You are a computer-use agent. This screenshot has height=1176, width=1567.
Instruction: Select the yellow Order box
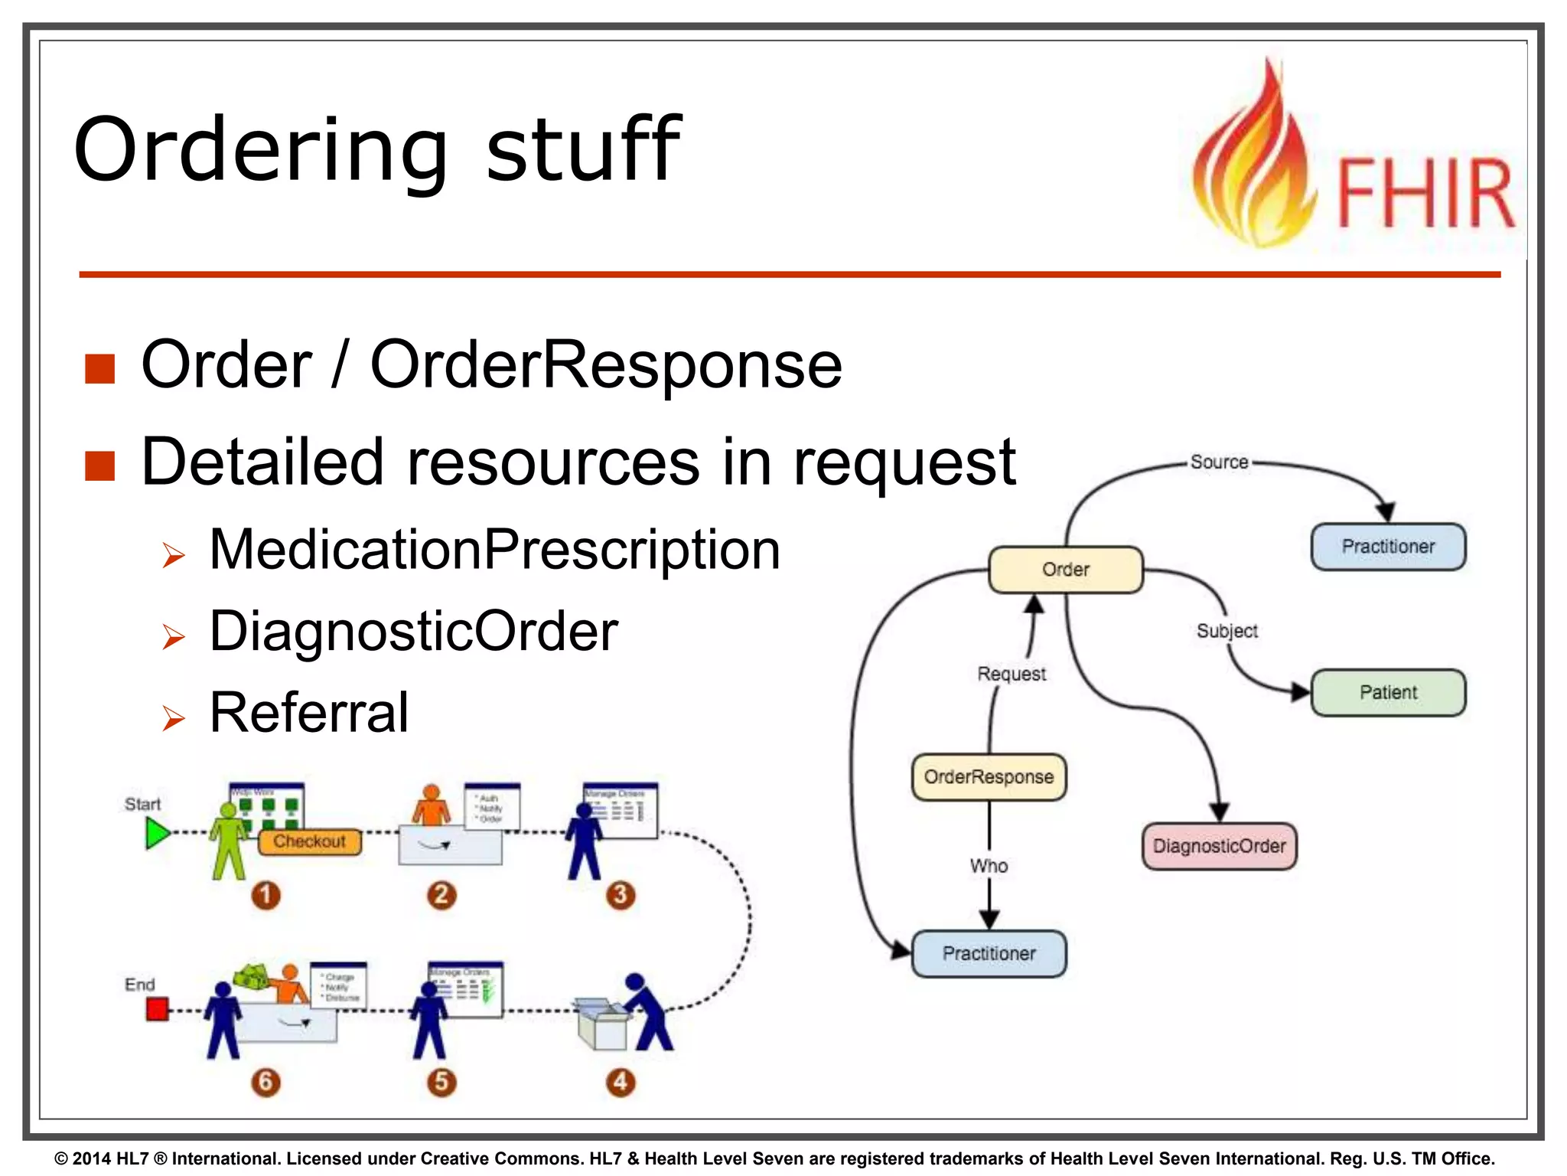pos(1065,570)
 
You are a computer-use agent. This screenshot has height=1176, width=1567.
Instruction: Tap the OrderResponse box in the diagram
pos(989,777)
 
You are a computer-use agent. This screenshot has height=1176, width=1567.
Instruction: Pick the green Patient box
pos(1388,692)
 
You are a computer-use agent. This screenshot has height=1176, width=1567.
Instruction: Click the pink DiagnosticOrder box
pos(1219,846)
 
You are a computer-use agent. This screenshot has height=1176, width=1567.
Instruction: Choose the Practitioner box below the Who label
pos(989,953)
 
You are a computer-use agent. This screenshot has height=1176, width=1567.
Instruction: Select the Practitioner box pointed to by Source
pos(1388,547)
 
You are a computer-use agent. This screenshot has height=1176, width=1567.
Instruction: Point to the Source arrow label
pos(1219,462)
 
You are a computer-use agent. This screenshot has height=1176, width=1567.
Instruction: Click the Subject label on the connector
pos(1227,631)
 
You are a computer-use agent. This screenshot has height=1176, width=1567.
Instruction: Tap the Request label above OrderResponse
pos(1012,674)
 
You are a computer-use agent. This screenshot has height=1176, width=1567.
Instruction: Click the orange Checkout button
pos(309,841)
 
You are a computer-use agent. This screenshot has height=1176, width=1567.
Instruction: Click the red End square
pos(157,1008)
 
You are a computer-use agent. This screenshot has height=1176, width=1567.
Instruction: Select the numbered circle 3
pos(621,894)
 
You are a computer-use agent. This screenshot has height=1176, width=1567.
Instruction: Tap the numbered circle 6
pos(266,1082)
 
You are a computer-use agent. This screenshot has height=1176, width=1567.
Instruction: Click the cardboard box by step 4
pos(603,1024)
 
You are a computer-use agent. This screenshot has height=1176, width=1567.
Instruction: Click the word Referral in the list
pos(308,713)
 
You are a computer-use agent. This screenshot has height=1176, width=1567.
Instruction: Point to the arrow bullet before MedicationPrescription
pos(174,555)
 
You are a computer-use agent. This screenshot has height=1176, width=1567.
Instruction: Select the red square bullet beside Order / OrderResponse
pos(100,368)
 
